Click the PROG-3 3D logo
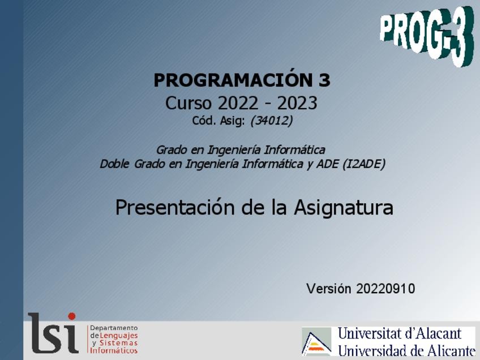tap(427, 36)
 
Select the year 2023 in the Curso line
tap(297, 103)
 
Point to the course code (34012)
tap(272, 121)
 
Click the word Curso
tap(188, 103)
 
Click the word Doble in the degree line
tap(114, 164)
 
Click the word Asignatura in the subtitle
tap(344, 208)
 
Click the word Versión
tap(329, 289)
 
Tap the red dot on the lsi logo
tap(72, 316)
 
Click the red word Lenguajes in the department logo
tap(119, 336)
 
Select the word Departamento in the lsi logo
tap(114, 328)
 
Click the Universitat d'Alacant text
tap(400, 333)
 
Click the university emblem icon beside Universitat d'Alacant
tap(317, 341)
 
